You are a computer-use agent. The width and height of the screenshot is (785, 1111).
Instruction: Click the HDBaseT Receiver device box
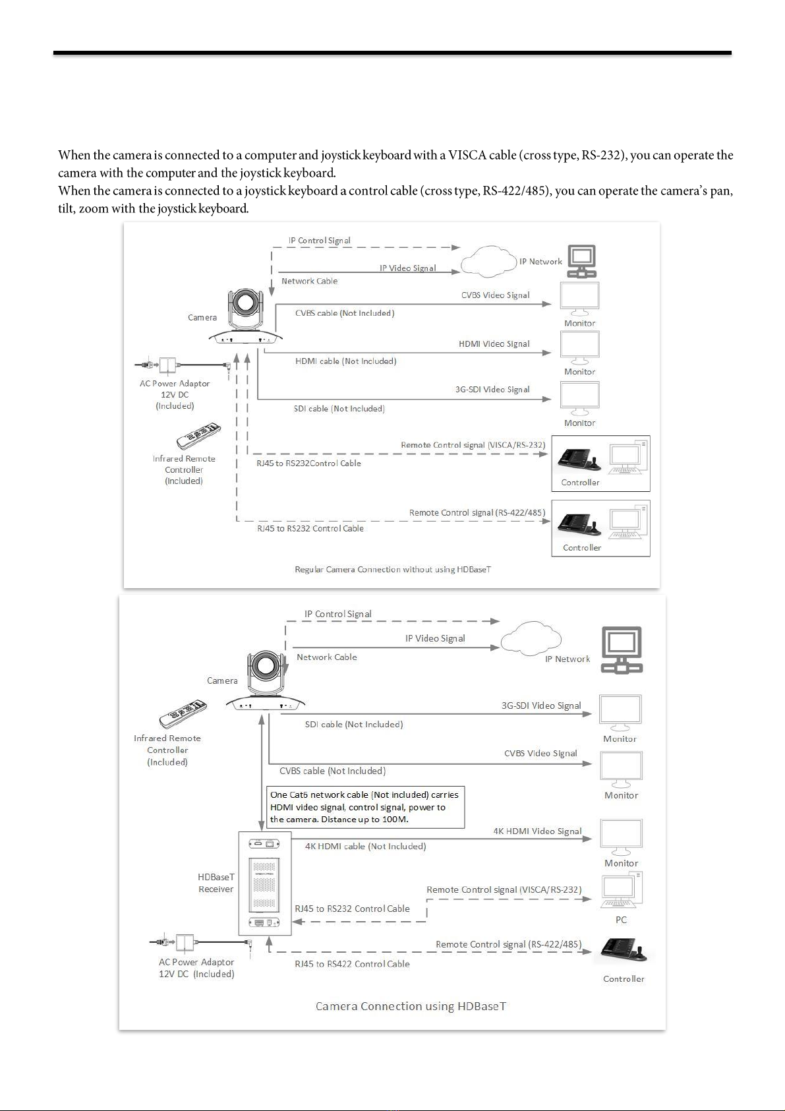pos(264,883)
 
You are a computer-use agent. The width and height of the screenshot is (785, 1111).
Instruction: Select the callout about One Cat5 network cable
pos(365,807)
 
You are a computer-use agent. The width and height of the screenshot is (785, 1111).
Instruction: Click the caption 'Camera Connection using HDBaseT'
pos(411,1006)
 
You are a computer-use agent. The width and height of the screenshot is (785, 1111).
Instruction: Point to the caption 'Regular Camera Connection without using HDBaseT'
pos(392,569)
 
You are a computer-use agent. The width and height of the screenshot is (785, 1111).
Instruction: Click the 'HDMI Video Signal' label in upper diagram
pos(494,344)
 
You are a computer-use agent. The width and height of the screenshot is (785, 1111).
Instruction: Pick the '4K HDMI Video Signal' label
pos(537,831)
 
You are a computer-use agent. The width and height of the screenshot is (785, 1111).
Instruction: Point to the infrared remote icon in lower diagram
pos(183,713)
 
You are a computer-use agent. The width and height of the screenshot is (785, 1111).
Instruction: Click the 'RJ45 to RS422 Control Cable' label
pos(352,964)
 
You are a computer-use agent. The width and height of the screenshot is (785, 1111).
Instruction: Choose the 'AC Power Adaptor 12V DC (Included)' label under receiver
pos(196,968)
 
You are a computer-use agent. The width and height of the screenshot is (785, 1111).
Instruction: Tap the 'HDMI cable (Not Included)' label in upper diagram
pos(345,361)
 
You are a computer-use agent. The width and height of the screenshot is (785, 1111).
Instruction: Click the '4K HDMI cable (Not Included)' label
pos(365,847)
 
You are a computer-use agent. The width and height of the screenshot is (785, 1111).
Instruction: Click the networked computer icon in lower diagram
pos(622,649)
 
